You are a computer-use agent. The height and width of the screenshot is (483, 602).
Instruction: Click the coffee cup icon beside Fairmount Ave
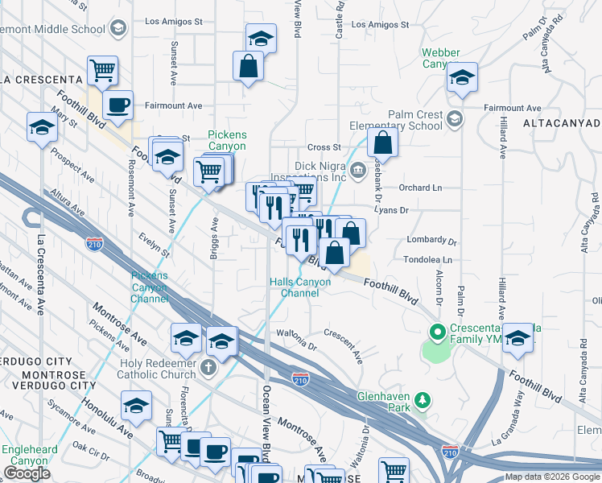(x=118, y=105)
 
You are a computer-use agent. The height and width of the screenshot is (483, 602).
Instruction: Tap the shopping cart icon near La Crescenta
(x=102, y=71)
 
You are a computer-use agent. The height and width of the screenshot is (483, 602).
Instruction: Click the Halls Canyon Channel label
(x=299, y=287)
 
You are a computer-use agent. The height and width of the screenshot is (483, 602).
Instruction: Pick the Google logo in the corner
(x=27, y=473)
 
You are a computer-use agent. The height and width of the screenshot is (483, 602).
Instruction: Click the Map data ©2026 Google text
(x=552, y=477)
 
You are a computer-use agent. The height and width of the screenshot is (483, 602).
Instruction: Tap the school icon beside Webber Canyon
(x=462, y=78)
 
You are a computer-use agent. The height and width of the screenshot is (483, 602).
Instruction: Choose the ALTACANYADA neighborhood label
(x=561, y=123)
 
